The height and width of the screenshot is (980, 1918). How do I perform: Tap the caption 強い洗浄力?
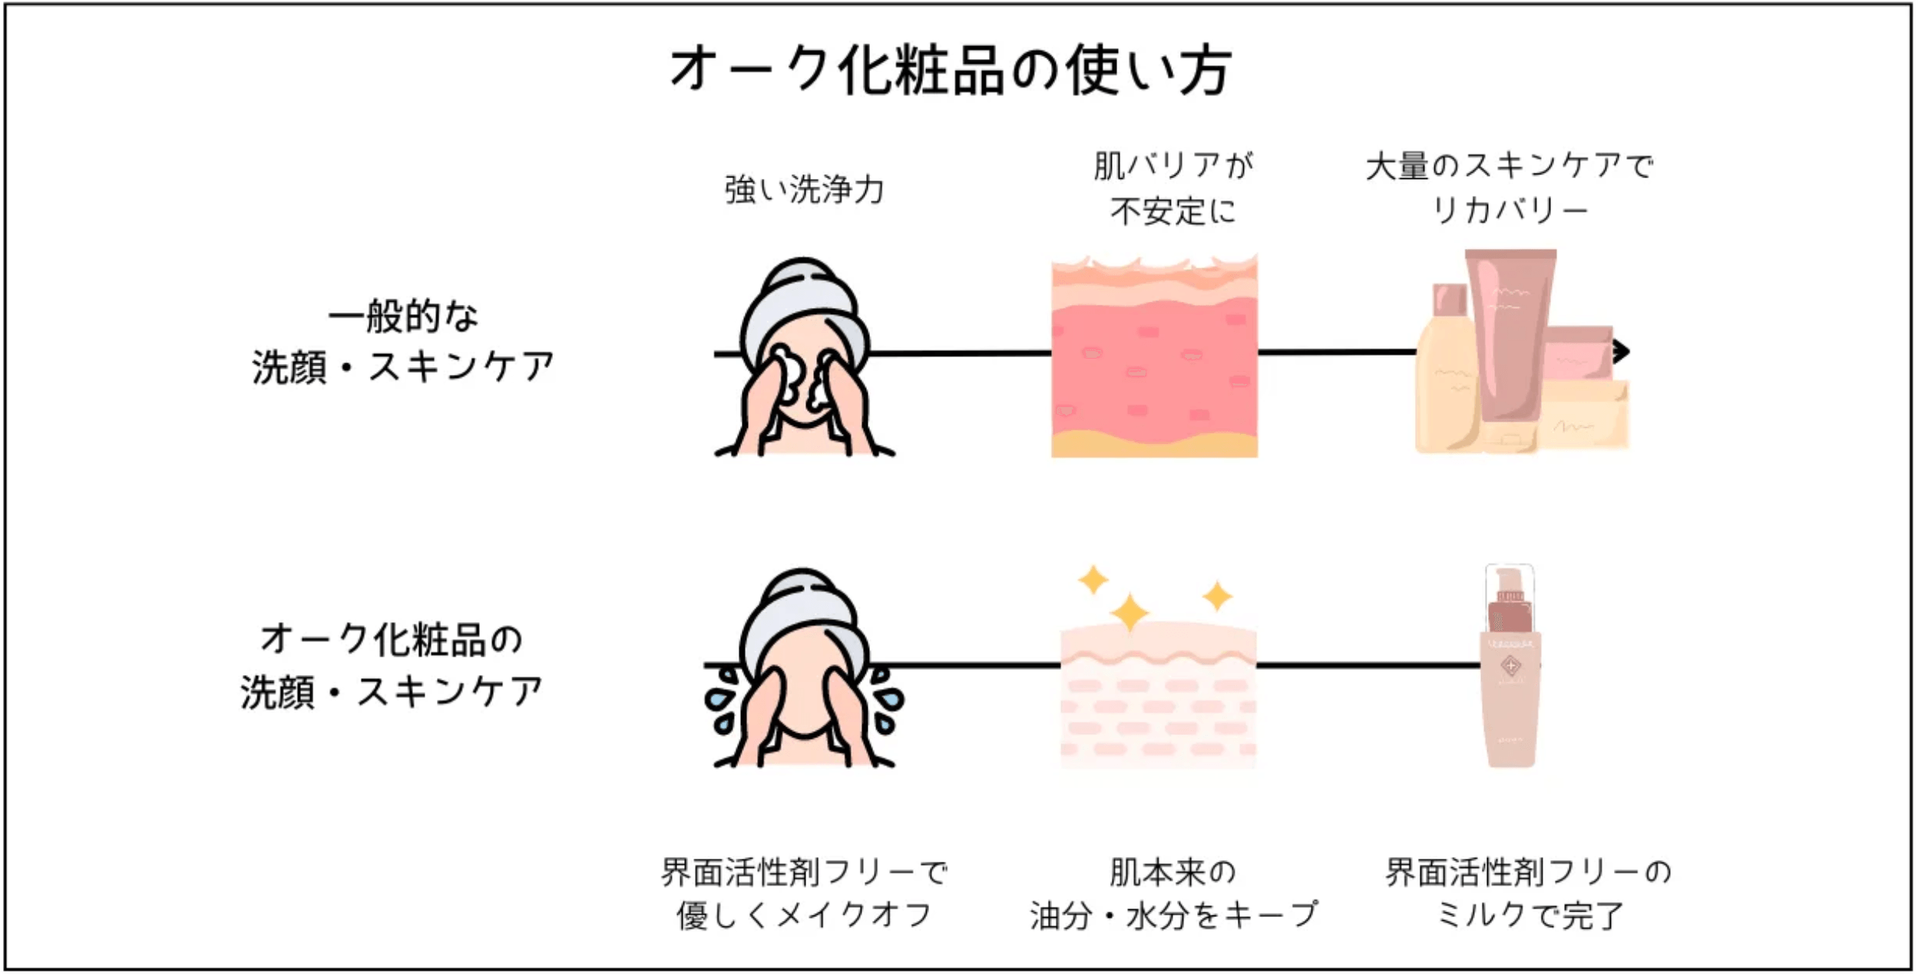[804, 189]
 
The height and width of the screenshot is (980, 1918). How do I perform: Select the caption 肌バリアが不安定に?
[1172, 187]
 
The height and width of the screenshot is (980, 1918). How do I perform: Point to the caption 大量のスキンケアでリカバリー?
[1509, 187]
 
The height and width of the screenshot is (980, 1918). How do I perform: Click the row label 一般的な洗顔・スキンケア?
[403, 342]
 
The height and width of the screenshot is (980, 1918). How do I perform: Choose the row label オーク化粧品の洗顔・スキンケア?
[392, 666]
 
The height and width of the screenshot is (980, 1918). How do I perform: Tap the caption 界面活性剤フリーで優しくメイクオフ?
[804, 893]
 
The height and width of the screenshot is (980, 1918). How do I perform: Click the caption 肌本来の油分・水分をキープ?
[1172, 893]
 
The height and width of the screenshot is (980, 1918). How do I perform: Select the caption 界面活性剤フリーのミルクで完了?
[1528, 893]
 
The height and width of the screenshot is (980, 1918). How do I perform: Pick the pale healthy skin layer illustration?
[1158, 699]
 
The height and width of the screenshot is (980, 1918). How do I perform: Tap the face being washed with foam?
[804, 361]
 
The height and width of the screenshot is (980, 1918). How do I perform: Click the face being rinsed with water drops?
[804, 676]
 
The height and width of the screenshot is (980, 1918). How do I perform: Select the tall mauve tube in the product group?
[1510, 330]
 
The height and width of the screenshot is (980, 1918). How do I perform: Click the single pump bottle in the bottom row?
[1510, 668]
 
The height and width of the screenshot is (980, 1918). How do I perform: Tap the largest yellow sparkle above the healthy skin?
[1129, 613]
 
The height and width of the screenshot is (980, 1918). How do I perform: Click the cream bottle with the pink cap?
[1447, 369]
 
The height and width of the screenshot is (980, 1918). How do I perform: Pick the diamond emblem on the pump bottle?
[1510, 665]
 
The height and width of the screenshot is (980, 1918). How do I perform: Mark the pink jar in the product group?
[1579, 353]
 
